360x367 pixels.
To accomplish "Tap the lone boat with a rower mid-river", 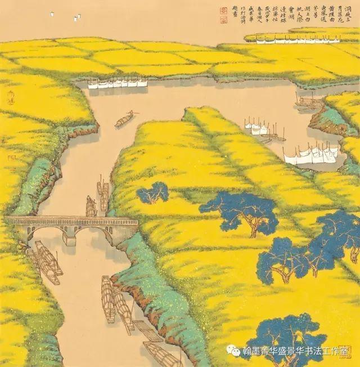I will point(124,119).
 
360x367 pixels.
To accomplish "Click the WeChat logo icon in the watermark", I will point(232,350).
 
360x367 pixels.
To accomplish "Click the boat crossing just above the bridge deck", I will point(91,207).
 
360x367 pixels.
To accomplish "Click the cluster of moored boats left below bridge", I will point(45,261).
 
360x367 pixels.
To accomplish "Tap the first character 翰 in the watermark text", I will point(246,351).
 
